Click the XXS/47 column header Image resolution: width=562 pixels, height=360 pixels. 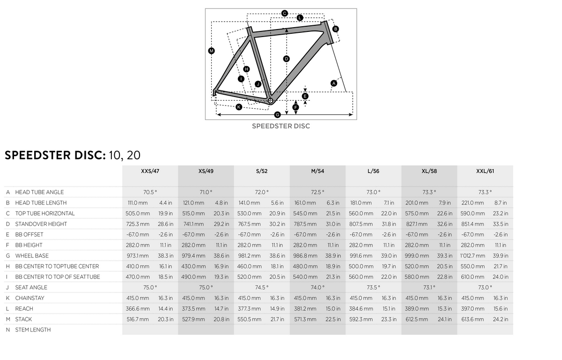tap(150, 172)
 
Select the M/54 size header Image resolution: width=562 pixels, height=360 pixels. tap(318, 172)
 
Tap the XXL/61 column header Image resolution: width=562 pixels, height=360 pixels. tap(485, 172)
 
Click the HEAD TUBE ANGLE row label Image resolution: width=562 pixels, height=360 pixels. tap(39, 192)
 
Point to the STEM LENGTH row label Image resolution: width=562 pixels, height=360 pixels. tap(33, 330)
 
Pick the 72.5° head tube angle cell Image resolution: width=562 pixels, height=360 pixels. tap(318, 192)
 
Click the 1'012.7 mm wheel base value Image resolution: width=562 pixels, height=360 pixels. tap(473, 256)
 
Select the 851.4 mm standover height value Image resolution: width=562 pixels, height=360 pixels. tap(473, 224)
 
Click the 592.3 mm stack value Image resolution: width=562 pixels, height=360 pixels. tap(361, 319)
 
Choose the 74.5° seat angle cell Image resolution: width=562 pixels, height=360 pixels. tap(262, 287)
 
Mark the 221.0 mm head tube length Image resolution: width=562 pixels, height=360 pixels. tap(473, 203)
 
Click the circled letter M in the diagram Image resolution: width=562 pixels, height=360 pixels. tap(211, 51)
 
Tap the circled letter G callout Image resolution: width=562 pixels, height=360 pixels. tap(277, 115)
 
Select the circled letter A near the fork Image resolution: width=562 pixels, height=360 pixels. tap(334, 83)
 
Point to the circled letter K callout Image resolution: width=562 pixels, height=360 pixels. tap(239, 107)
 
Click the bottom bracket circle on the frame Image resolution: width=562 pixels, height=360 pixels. tap(270, 100)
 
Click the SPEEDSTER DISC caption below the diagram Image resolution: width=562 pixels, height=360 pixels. tap(281, 126)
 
